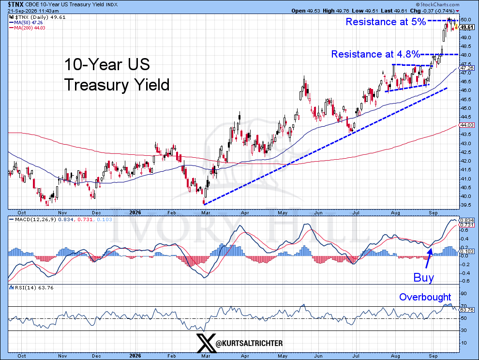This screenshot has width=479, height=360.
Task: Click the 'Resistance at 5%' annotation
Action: point(386,22)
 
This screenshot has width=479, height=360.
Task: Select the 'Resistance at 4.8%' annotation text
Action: point(375,54)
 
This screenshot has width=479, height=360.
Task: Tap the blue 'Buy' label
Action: point(423,277)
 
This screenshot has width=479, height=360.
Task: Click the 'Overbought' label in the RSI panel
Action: point(425,297)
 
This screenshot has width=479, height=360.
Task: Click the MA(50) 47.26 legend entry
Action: point(26,23)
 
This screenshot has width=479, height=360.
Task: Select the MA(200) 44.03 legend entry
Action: point(28,28)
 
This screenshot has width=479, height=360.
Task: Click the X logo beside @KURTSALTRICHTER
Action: point(206,343)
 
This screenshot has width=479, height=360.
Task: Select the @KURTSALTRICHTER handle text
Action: point(249,344)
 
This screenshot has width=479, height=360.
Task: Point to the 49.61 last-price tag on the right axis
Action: point(467,28)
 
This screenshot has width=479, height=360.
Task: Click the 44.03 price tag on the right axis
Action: point(467,125)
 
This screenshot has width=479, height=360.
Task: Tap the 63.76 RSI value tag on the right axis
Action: point(467,310)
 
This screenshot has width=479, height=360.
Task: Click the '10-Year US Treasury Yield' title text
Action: point(117,75)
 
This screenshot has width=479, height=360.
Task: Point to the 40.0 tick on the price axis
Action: point(465,196)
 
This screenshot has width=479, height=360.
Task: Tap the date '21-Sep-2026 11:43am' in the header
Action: point(33,11)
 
